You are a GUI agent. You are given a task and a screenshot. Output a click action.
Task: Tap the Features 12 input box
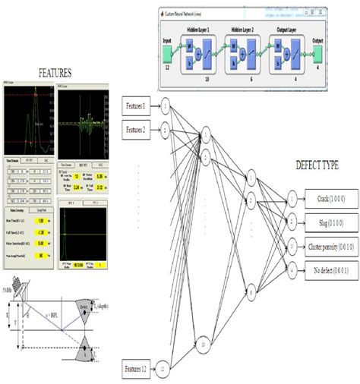[x=141, y=370]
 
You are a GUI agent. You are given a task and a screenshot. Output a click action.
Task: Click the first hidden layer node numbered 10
[x=204, y=343]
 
